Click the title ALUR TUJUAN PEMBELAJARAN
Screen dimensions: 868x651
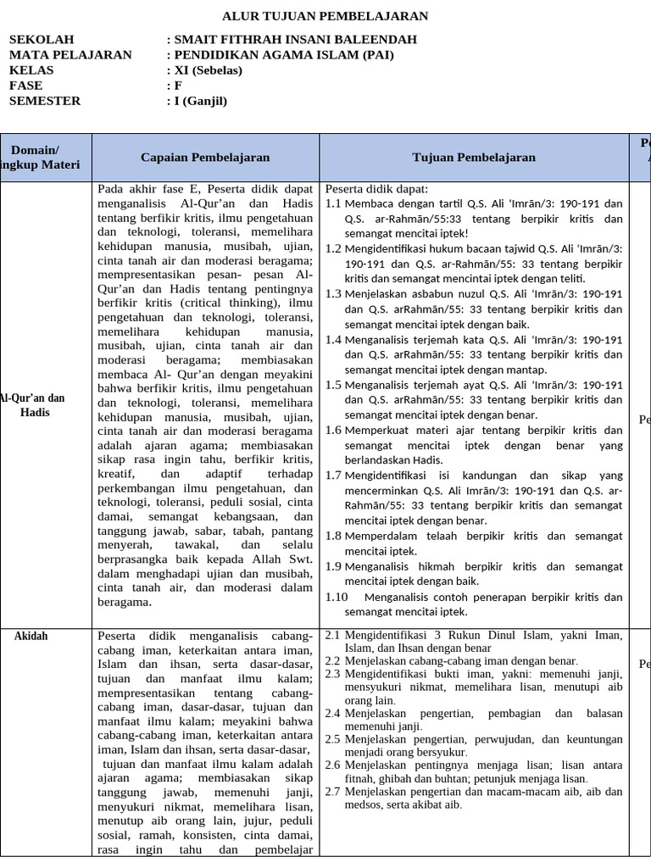[x=325, y=16]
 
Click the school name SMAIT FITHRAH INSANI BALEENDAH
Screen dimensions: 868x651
[x=294, y=40]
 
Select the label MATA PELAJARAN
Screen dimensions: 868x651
[x=70, y=55]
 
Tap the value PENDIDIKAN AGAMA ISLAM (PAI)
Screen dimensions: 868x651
[x=283, y=55]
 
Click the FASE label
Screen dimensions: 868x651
[x=25, y=86]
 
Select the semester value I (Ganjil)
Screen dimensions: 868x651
[x=200, y=101]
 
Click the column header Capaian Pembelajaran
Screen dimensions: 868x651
[x=205, y=157]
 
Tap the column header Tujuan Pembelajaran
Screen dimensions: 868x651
[x=474, y=157]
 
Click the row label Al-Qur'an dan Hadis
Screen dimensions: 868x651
[x=34, y=405]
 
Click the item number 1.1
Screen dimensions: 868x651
[x=333, y=203]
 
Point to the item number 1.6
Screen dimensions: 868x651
[x=333, y=431]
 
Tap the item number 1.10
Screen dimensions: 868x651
[x=337, y=597]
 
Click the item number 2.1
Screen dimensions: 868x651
[x=332, y=635]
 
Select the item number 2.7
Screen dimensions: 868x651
[x=332, y=792]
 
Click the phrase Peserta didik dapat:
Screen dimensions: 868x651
[x=377, y=189]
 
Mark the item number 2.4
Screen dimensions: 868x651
[x=332, y=714]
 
